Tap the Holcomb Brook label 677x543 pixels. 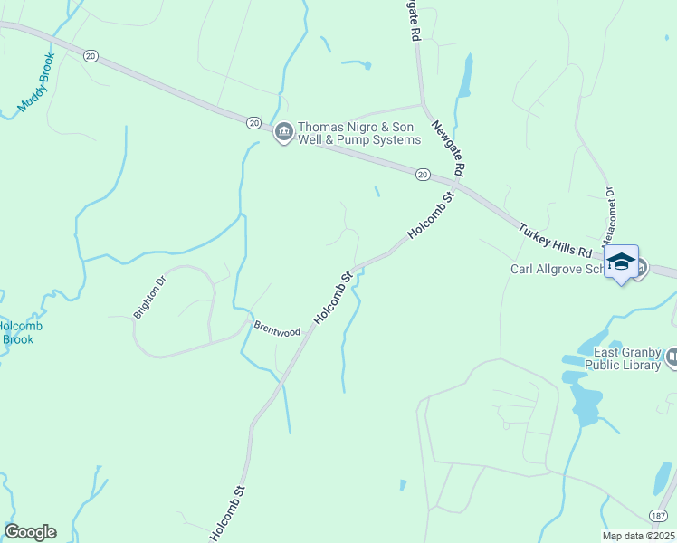coord(17,332)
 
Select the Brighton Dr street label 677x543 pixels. coord(150,298)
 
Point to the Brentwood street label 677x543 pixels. coord(277,331)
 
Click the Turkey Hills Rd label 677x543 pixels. coord(556,240)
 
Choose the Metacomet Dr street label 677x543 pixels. coord(608,209)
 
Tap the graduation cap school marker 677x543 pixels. coord(621,262)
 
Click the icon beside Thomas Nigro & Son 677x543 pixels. coord(283,133)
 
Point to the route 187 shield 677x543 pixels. coord(659,514)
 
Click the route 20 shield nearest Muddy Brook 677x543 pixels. coord(91,56)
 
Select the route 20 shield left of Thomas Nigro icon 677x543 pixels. coord(253,122)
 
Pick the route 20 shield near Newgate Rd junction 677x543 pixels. coord(422,174)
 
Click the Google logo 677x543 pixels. coord(30,531)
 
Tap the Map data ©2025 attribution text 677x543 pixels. coord(638,536)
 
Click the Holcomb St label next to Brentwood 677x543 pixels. coord(332,298)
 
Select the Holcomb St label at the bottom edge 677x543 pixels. coord(227,515)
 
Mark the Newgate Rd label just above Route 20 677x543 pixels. coord(448,148)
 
